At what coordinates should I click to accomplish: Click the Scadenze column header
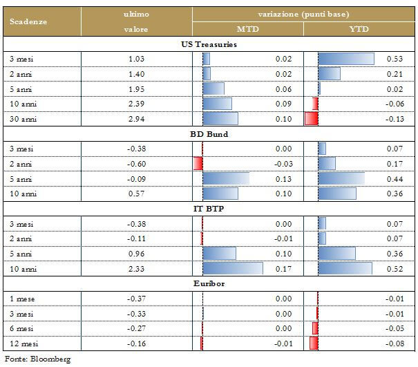28,21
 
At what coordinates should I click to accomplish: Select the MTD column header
247,29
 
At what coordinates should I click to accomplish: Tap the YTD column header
359,29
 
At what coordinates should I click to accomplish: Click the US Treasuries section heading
209,44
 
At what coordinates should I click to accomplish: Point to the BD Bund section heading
209,134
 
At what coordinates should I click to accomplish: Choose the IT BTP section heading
209,208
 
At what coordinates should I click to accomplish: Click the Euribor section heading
209,283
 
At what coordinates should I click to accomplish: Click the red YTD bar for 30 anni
311,119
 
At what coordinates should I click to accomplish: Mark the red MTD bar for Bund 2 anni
198,164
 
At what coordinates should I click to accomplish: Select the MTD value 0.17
283,268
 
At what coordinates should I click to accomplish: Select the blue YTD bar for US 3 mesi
346,59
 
